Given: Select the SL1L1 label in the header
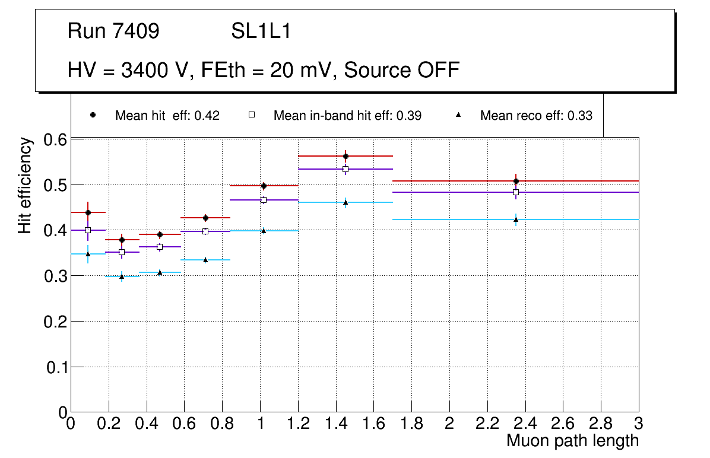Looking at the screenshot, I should [261, 31].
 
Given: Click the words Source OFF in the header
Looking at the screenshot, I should [402, 70].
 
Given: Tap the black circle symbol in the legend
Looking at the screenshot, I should [93, 115].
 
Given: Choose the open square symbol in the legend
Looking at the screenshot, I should [251, 115].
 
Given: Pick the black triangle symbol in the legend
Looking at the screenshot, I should [458, 115].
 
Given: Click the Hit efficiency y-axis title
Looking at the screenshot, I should [25, 185].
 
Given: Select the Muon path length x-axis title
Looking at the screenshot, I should [572, 441].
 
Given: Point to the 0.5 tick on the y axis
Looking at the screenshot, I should [55, 185].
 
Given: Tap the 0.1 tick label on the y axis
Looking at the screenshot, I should [55, 367].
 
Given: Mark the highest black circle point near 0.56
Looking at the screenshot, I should [346, 156].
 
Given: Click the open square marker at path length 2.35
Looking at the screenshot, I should [516, 192].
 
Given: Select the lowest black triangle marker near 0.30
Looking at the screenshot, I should [122, 276].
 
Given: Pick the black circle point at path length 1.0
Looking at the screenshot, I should [264, 186].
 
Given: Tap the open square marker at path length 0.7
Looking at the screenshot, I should [205, 231].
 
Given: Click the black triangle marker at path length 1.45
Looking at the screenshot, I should [346, 202].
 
